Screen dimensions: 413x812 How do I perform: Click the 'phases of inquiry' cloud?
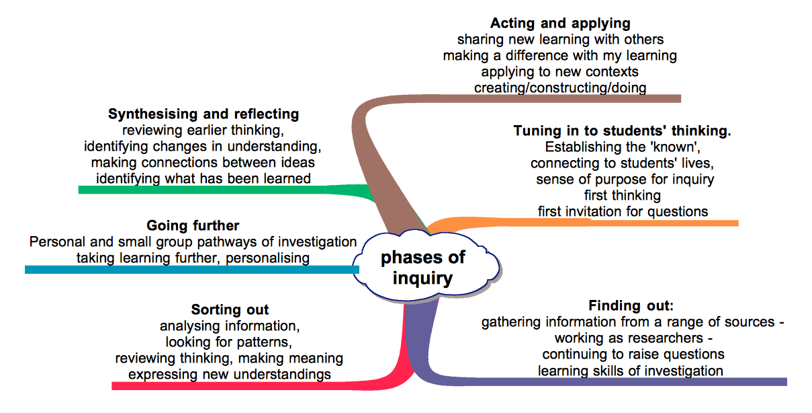[424, 268]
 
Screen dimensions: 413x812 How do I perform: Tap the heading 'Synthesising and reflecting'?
[204, 114]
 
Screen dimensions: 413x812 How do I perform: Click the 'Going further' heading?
[193, 225]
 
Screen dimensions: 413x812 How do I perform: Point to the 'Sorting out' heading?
[230, 310]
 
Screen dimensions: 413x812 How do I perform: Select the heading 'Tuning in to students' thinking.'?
[622, 131]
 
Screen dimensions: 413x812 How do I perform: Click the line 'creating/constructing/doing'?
[560, 88]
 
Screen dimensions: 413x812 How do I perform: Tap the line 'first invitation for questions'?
[623, 211]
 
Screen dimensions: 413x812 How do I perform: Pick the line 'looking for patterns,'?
[230, 342]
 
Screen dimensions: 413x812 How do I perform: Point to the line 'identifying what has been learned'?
[204, 178]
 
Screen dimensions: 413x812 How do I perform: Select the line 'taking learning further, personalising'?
[193, 258]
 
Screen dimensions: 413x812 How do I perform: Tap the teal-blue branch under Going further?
[188, 269]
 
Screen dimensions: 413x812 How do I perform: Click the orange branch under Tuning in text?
[604, 223]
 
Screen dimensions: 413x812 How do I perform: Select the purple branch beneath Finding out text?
[604, 382]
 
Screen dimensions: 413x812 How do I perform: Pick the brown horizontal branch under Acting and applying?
[537, 98]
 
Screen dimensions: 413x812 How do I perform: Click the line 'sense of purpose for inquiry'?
[625, 180]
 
